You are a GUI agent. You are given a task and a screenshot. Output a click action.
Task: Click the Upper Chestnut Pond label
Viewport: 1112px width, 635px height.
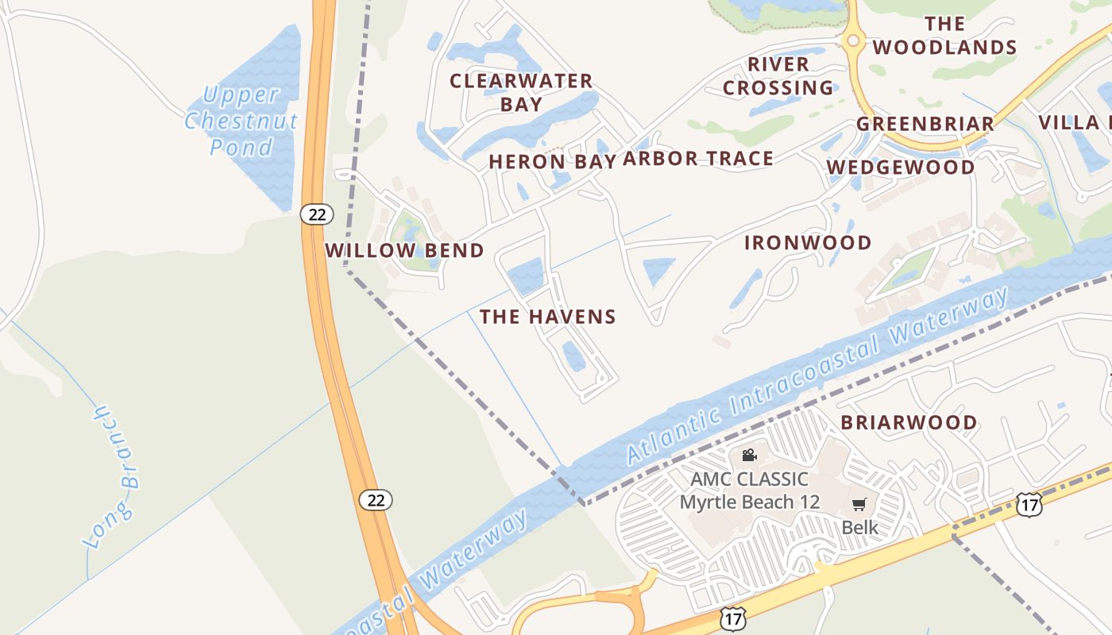point(241,121)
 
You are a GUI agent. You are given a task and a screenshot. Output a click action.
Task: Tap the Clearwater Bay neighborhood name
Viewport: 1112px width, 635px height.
point(521,92)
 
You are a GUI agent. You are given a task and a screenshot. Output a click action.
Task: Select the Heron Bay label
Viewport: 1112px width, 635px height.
point(552,161)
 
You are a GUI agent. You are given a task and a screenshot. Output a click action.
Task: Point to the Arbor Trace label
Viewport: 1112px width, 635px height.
point(697,159)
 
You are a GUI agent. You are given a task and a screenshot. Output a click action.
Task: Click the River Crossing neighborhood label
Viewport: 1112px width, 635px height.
point(778,75)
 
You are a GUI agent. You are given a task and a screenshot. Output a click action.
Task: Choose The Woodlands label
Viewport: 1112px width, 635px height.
point(944,36)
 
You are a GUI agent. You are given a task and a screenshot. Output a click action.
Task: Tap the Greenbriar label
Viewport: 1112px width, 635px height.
point(925,124)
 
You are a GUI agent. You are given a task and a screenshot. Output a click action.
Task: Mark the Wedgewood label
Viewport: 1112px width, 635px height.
point(900,167)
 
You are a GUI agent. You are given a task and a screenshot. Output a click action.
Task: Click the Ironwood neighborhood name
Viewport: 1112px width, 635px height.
point(808,243)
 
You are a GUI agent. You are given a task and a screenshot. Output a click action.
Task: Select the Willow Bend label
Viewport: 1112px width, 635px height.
point(404,251)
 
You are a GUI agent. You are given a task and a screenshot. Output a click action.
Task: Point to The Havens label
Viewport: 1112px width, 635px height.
point(547,317)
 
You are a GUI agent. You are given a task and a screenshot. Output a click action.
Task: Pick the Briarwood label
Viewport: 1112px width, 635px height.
point(909,422)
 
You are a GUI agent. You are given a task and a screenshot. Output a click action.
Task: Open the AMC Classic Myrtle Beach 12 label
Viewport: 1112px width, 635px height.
point(749,491)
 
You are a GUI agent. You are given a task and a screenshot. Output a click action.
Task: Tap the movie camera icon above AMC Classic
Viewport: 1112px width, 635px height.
point(748,455)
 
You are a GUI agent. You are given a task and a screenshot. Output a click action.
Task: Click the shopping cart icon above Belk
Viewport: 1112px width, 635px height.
point(859,504)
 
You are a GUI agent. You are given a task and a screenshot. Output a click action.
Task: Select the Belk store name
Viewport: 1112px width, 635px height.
point(860,527)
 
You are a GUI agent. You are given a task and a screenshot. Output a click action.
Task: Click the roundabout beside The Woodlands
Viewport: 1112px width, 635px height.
point(853,40)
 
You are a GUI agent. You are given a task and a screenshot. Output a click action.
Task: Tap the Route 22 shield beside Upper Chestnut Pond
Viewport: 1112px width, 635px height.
point(317,214)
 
